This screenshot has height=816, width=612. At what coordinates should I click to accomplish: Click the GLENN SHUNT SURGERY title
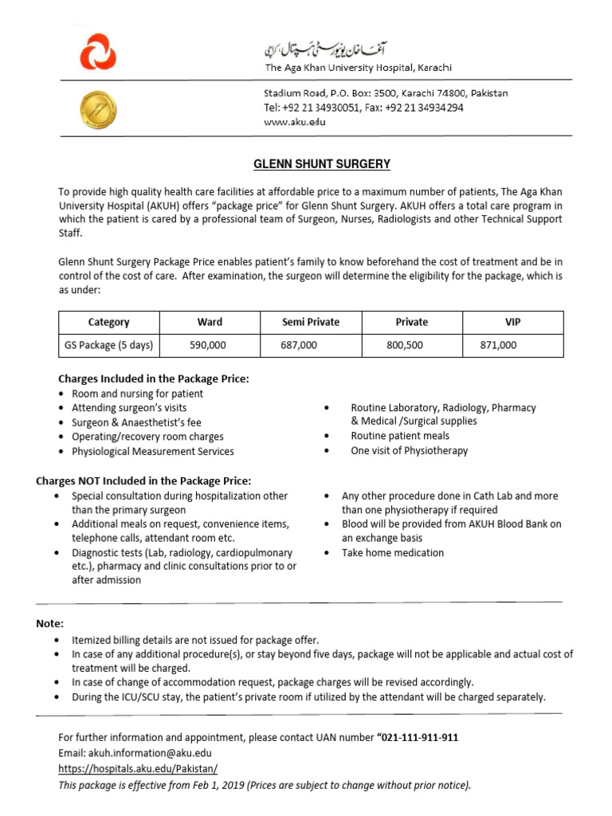click(321, 164)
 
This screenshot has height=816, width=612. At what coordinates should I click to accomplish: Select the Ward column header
click(210, 322)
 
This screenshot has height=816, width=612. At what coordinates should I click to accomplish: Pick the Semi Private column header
click(311, 322)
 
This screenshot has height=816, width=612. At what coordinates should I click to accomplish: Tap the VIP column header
click(512, 322)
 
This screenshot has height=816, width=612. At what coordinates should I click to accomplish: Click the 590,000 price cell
click(208, 345)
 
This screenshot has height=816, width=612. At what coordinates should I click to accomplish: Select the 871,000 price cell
click(498, 345)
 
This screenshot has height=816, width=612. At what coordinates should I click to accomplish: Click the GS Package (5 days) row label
click(109, 345)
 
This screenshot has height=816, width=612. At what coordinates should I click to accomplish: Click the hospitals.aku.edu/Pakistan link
click(138, 769)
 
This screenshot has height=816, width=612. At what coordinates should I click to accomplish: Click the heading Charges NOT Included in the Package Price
click(143, 481)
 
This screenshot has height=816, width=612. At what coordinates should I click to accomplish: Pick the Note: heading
click(50, 623)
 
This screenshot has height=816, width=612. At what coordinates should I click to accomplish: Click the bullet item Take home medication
click(393, 552)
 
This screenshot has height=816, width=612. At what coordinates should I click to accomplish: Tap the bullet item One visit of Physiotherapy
click(410, 450)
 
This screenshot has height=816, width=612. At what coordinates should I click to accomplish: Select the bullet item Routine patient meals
click(400, 436)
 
